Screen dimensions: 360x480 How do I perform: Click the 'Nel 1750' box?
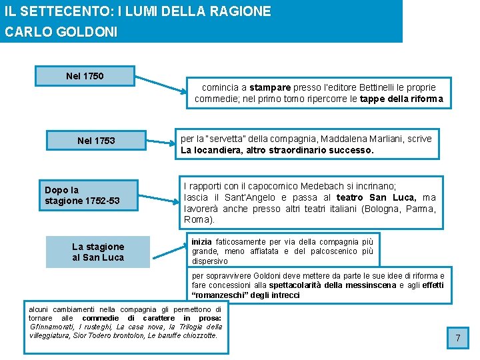click(85, 76)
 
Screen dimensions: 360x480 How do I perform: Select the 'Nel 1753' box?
click(96, 141)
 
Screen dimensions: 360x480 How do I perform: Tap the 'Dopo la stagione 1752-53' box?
click(82, 195)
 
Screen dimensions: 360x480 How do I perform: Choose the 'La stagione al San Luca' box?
click(98, 252)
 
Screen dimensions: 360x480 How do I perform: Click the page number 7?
click(458, 339)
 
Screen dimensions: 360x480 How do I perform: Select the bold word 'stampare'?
click(270, 87)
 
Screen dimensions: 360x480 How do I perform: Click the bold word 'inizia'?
click(201, 241)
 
